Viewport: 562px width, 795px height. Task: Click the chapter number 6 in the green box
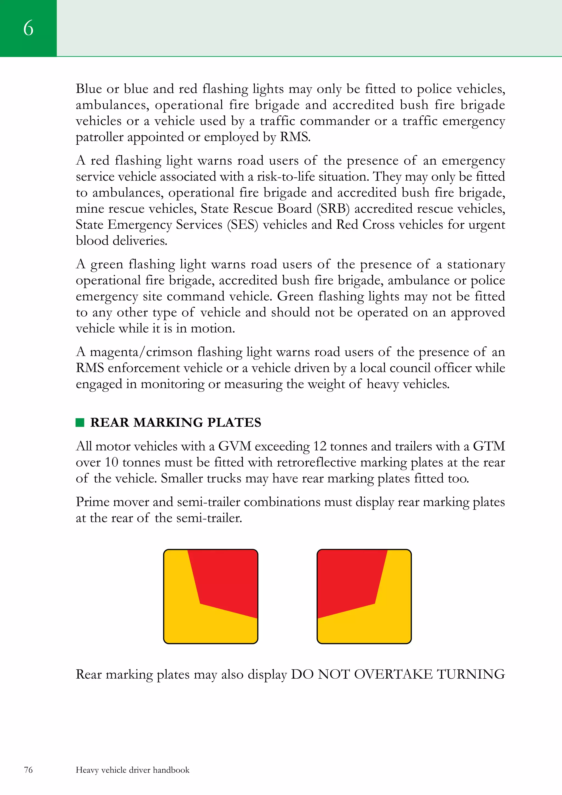click(28, 28)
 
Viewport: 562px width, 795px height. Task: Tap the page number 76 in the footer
click(28, 770)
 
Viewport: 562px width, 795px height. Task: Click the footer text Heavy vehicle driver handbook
click(133, 770)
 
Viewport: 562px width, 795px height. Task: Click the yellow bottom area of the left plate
click(208, 627)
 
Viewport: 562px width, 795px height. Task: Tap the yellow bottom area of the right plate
click(367, 627)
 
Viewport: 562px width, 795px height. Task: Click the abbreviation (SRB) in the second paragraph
click(333, 209)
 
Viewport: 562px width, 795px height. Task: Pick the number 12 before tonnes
click(320, 446)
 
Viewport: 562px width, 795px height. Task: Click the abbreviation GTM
click(489, 446)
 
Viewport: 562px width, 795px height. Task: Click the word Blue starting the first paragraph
click(89, 89)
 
